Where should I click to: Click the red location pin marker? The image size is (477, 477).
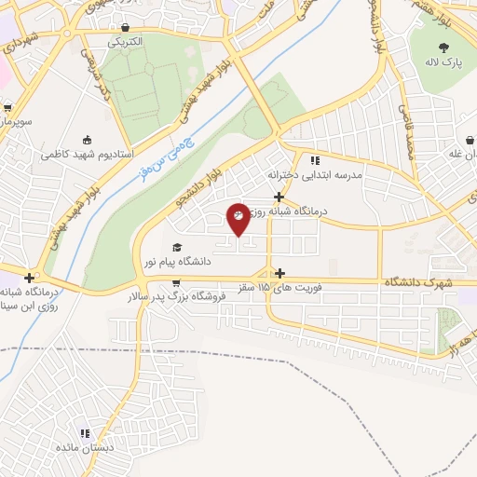tap(238, 218)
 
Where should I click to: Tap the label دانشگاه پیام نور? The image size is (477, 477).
tap(217, 263)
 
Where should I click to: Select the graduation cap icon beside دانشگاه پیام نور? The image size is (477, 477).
tap(176, 248)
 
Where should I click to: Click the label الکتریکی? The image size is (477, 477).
tap(125, 42)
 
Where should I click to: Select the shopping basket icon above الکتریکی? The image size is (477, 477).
tap(126, 29)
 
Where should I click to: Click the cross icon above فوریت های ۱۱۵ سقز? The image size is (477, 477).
tap(280, 274)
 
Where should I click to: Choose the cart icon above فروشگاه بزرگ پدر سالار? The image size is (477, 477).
tap(176, 282)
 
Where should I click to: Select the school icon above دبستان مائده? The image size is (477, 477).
tap(85, 433)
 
